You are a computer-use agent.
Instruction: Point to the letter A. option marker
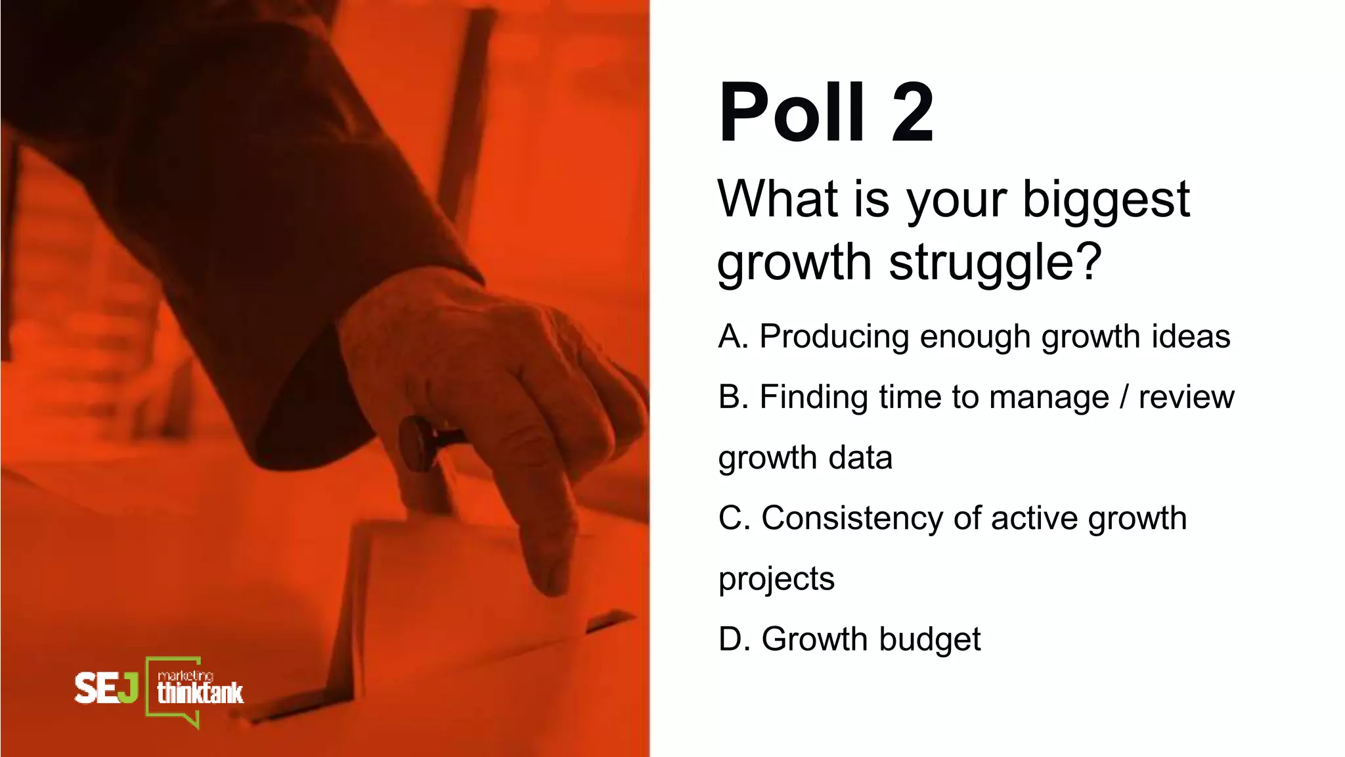tap(733, 336)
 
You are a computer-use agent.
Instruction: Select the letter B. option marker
tap(733, 397)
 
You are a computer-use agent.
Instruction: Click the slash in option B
tap(1124, 397)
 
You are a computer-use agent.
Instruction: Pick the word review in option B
tap(1186, 397)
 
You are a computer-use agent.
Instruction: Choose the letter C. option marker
tap(734, 518)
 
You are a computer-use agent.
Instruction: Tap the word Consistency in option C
tap(851, 519)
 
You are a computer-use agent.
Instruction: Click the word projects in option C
tap(776, 580)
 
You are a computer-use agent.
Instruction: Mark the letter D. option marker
tap(734, 639)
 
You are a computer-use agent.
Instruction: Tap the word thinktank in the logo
tap(200, 693)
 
